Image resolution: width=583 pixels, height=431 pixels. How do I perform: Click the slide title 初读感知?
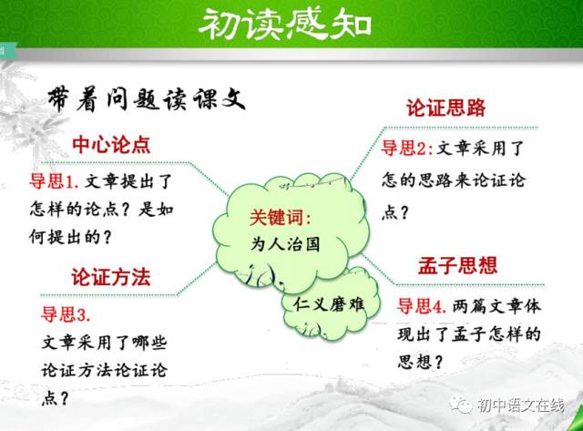(x=285, y=24)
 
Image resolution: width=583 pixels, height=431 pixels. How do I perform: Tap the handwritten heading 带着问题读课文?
(x=146, y=99)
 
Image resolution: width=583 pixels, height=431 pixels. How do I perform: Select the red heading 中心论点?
(x=111, y=145)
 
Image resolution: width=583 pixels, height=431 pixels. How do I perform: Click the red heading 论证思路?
(x=445, y=108)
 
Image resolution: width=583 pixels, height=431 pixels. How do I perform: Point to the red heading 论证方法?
(x=111, y=277)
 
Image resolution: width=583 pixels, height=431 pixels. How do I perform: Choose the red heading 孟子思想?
(x=457, y=265)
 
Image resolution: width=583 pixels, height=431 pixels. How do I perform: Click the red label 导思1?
(x=54, y=181)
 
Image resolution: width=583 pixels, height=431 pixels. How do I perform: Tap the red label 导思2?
(x=407, y=148)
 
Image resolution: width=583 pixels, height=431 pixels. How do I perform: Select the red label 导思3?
(x=66, y=313)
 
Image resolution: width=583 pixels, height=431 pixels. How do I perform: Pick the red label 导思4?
(x=422, y=306)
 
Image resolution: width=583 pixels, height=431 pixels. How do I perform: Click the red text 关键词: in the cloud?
(x=280, y=217)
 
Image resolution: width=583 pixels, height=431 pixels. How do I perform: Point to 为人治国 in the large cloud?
(x=285, y=244)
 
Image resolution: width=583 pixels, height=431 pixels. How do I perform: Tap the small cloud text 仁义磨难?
(x=329, y=304)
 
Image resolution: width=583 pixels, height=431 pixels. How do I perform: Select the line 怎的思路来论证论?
(x=454, y=180)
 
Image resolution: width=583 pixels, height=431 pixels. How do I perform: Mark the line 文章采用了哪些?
(x=104, y=342)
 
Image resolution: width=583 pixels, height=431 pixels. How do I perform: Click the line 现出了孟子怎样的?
(x=468, y=334)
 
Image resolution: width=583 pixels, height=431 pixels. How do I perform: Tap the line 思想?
(x=420, y=362)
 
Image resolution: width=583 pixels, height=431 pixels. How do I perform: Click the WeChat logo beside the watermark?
(x=461, y=405)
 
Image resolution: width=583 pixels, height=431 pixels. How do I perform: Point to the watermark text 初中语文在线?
(x=520, y=405)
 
